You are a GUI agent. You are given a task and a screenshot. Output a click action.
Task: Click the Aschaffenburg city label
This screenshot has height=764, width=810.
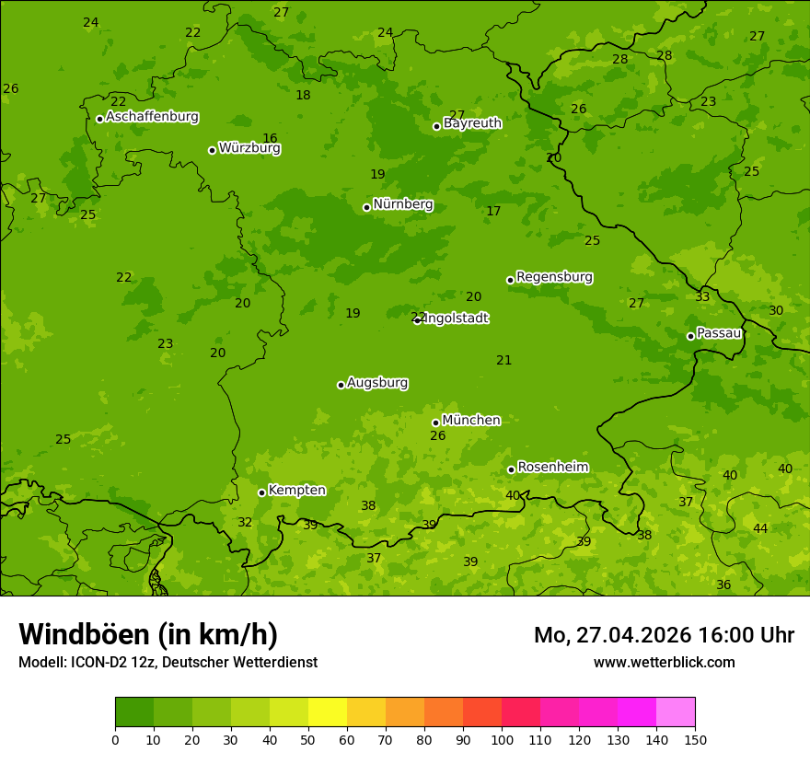(152, 117)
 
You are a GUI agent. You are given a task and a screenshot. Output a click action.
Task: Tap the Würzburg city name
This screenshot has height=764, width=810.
(249, 148)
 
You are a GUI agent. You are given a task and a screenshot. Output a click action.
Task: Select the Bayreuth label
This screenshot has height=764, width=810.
(472, 123)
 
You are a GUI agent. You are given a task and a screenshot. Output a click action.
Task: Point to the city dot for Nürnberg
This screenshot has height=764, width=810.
(366, 207)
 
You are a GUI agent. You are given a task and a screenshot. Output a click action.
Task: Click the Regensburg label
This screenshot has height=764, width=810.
(554, 277)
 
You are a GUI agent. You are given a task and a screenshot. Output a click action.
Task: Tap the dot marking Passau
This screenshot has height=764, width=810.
(690, 336)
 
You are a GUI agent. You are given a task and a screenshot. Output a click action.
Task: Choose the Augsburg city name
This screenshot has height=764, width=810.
(377, 383)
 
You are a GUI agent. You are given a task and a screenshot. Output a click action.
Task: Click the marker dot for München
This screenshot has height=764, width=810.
(435, 423)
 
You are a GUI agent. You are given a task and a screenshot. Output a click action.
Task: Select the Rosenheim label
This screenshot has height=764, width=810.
(552, 468)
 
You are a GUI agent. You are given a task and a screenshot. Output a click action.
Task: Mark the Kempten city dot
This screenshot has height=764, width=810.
(261, 492)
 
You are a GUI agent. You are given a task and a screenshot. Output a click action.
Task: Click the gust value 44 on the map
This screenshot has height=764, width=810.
(760, 528)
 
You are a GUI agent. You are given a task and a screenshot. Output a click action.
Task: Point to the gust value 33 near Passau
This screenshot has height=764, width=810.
(702, 296)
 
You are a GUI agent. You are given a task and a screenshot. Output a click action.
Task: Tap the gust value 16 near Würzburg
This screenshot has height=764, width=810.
(270, 138)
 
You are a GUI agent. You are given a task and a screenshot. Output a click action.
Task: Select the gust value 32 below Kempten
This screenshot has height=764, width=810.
(245, 522)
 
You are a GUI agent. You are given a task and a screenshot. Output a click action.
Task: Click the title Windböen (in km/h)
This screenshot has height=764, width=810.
(148, 634)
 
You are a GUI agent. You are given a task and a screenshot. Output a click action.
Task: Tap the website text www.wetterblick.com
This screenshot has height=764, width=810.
(664, 662)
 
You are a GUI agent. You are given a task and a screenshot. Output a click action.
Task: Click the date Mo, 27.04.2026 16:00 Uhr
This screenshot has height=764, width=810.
(664, 635)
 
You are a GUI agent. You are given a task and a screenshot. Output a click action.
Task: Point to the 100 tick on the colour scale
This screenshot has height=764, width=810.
(502, 738)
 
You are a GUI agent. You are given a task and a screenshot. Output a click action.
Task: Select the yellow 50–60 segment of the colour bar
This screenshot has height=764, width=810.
(328, 712)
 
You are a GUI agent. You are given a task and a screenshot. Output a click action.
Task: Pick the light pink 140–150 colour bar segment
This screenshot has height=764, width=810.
(676, 712)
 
